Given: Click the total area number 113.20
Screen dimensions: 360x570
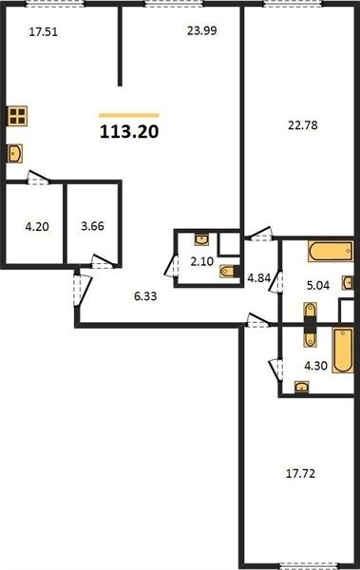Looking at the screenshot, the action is click(x=129, y=132).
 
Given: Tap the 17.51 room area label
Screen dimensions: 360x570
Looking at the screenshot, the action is click(x=44, y=32).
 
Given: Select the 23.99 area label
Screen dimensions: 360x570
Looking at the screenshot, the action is click(x=202, y=30).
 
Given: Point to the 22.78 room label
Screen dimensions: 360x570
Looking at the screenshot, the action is click(x=303, y=125).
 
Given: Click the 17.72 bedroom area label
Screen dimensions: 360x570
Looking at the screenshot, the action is click(x=300, y=474).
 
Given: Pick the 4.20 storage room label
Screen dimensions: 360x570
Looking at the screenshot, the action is click(x=37, y=227).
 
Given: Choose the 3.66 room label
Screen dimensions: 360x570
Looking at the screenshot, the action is click(x=92, y=226).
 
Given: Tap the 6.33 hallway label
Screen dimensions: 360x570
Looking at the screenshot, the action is click(x=145, y=296).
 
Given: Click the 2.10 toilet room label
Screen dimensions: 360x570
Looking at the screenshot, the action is click(x=201, y=261).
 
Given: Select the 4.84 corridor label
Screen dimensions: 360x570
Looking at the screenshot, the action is click(x=259, y=278).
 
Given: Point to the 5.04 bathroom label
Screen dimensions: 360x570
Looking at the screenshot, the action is click(x=318, y=285).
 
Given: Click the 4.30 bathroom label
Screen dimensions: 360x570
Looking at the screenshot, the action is click(x=315, y=366).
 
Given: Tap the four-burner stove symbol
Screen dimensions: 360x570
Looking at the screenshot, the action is click(x=17, y=116).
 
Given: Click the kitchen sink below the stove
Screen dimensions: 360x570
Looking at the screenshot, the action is click(x=15, y=153).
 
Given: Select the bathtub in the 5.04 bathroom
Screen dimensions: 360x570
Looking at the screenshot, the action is click(x=331, y=251).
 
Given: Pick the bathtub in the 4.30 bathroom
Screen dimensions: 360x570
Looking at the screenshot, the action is click(x=343, y=350).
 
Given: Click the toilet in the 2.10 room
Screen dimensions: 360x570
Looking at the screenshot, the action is click(x=229, y=271).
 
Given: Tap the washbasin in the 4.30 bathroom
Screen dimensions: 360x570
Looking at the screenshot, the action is click(x=301, y=387).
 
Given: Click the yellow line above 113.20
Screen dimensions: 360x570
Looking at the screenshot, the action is click(x=129, y=115).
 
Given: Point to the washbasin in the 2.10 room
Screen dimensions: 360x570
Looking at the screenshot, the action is click(x=201, y=239).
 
